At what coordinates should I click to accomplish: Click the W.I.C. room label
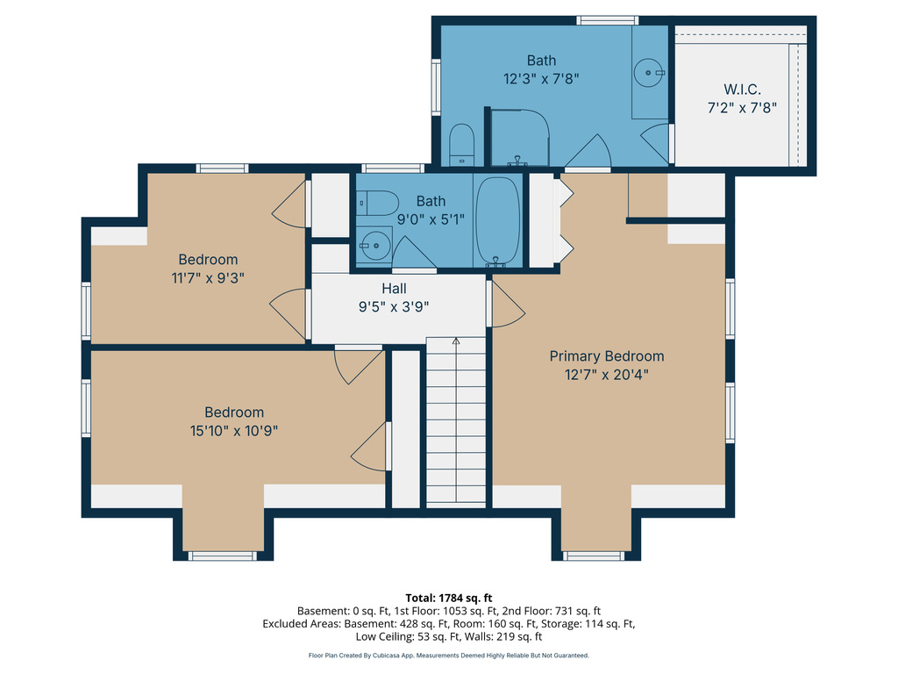tap(742, 90)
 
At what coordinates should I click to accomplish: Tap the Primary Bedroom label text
tap(607, 356)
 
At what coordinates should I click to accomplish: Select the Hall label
tap(394, 288)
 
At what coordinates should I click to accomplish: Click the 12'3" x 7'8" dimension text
tap(541, 78)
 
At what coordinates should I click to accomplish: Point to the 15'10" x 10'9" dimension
tap(233, 430)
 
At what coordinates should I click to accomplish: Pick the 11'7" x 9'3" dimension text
tap(208, 278)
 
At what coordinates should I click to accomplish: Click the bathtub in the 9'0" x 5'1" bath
tap(498, 222)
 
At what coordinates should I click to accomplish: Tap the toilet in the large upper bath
tap(461, 145)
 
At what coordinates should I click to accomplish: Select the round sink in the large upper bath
tap(649, 73)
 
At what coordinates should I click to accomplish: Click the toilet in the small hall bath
tap(377, 203)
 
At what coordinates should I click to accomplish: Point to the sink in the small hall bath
tap(374, 246)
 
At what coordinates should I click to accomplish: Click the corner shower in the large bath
tap(520, 138)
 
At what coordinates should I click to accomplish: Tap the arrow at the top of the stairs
tap(456, 341)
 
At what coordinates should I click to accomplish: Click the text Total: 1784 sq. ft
tap(449, 598)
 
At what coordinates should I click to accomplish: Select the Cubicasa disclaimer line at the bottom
tap(448, 655)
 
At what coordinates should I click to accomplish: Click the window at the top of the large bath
tap(607, 21)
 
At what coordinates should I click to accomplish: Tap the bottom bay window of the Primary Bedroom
tap(594, 556)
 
